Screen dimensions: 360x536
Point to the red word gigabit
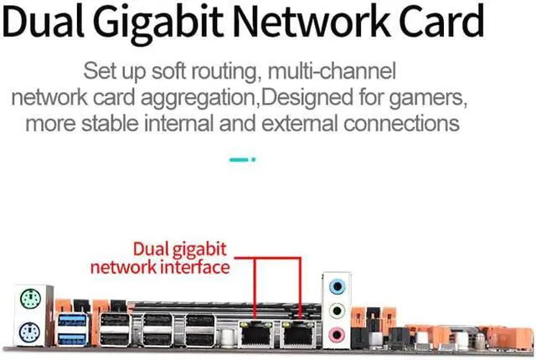click(x=198, y=249)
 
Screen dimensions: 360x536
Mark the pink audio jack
click(x=336, y=334)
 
